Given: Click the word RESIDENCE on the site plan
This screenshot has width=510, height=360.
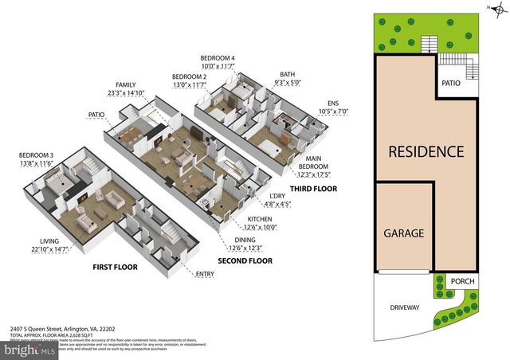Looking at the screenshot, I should coord(426,151).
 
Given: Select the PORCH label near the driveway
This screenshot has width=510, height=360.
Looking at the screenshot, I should coord(463,281).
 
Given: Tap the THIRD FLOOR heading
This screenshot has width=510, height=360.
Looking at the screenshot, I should coord(314,189).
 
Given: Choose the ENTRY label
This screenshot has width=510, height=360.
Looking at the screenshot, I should coord(206,275).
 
